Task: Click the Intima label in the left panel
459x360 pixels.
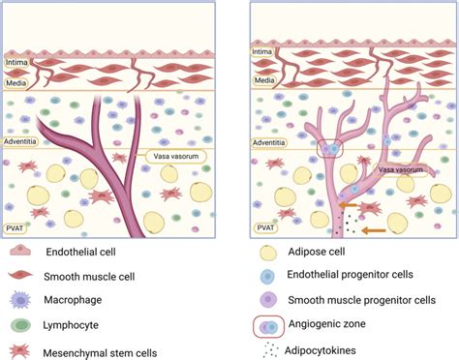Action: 18,62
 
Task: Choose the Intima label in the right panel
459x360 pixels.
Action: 261,52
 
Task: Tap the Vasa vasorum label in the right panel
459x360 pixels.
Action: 398,168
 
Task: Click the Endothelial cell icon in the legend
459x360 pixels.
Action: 22,252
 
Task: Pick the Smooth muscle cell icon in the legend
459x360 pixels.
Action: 21,274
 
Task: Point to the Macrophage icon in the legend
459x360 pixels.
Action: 21,299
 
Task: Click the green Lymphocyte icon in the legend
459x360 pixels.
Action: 21,323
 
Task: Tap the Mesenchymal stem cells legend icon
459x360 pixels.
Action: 21,348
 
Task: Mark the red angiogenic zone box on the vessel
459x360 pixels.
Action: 334,149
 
